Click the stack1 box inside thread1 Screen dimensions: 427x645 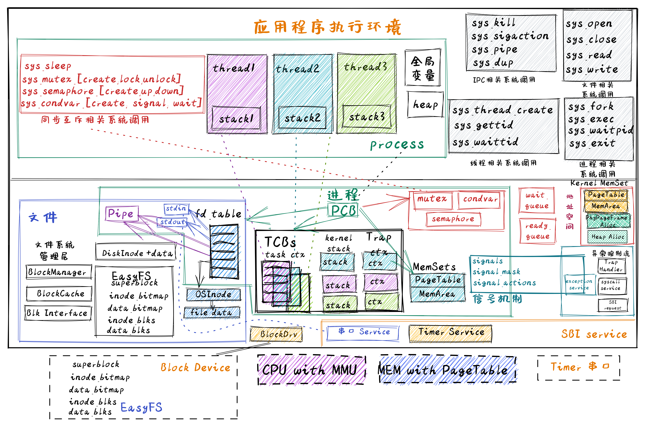coord(236,118)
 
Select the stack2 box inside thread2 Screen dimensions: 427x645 coord(302,118)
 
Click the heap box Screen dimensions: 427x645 coord(425,104)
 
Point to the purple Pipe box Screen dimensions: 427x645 coord(122,213)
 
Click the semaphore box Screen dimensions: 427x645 coord(453,219)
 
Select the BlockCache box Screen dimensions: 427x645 coord(59,294)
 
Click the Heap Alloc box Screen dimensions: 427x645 coord(607,237)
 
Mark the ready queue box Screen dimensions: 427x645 coord(537,231)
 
